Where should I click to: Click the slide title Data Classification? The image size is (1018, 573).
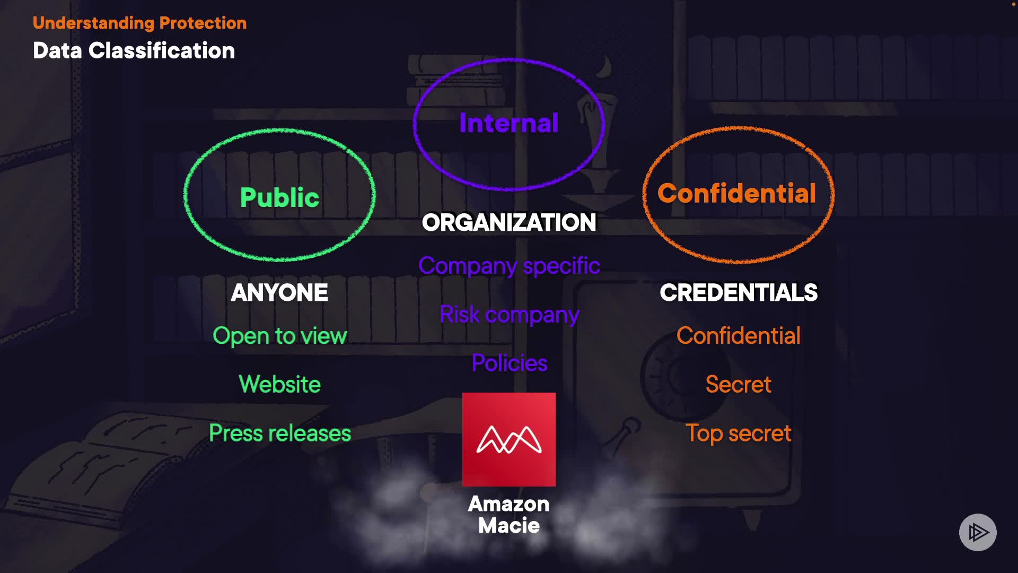pos(134,51)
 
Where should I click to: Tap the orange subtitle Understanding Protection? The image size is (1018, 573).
pos(139,23)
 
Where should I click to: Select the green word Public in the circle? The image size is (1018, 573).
pos(279,197)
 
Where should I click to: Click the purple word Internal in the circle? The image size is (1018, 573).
pos(509,123)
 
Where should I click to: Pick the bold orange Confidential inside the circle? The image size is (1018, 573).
pos(736,193)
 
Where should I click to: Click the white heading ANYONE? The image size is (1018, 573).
pos(279,293)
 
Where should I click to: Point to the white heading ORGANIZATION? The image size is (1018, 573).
pos(509,223)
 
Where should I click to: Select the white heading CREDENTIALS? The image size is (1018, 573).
pos(739,293)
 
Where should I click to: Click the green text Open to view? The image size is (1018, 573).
pos(279,336)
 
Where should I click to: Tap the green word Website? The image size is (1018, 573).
pos(279,384)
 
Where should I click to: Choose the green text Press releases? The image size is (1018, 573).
pos(279,433)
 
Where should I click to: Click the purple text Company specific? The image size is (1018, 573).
pos(509,266)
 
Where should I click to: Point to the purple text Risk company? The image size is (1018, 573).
pos(509,315)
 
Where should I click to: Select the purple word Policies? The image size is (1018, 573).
pos(509,363)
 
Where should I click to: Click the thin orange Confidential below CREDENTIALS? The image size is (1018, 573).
pos(739,336)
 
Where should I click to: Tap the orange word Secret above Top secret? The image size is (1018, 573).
pos(739,384)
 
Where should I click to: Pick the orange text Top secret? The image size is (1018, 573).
pos(739,433)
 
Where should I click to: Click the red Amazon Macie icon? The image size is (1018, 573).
pos(509,439)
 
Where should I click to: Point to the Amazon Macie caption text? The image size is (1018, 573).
pos(509,515)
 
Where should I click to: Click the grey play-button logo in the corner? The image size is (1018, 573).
pos(978,532)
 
